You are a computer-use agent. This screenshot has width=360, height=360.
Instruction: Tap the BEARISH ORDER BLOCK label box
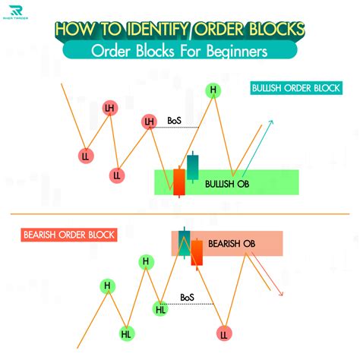[x=68, y=235]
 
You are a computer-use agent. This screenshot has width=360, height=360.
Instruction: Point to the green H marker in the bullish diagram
[x=214, y=91]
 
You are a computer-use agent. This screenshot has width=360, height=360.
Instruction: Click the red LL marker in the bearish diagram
[x=224, y=334]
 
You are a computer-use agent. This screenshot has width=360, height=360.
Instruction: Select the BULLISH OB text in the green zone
[x=227, y=184]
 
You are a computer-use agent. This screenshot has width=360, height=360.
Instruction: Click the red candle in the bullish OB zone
[x=179, y=182]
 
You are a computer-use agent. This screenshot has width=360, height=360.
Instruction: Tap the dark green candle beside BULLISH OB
[x=194, y=166]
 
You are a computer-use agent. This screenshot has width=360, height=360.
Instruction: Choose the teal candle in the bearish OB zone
[x=184, y=242]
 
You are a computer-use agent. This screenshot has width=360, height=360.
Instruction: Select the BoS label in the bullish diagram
[x=174, y=121]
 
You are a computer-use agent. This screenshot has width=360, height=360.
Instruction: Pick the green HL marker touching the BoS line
[x=161, y=308]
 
